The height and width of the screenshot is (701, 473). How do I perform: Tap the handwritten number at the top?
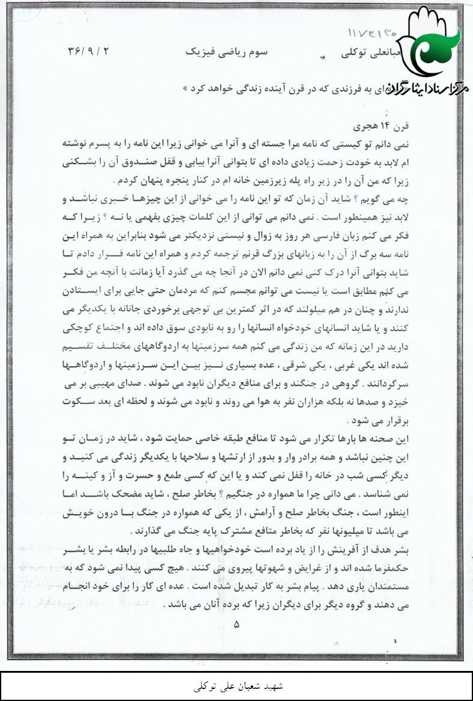373,32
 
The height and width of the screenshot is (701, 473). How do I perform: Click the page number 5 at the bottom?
237,625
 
